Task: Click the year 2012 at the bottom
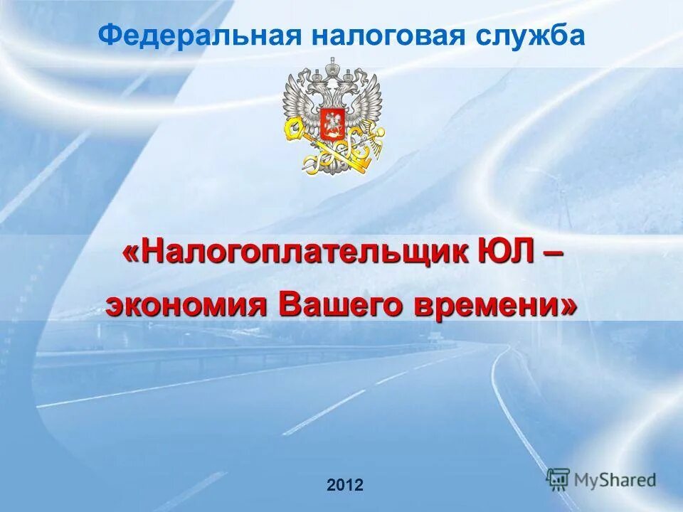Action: pos(345,486)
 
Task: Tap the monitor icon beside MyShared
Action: pos(558,478)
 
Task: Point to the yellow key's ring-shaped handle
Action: pos(293,128)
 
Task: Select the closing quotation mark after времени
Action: pos(568,306)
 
